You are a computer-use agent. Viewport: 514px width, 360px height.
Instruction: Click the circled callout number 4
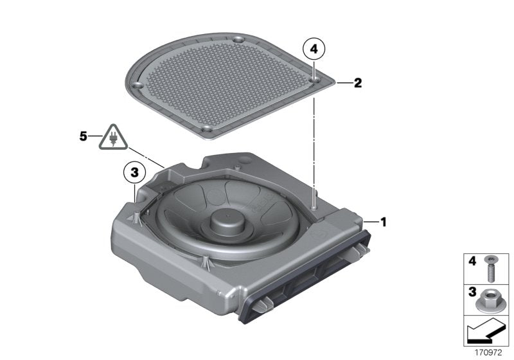(314, 48)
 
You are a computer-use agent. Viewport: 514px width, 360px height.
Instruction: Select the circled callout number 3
(134, 172)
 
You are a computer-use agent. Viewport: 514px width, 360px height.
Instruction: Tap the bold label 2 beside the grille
(358, 83)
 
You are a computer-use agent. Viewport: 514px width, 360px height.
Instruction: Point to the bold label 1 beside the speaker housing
(384, 222)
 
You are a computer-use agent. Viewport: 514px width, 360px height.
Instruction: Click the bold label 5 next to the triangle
(82, 136)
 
